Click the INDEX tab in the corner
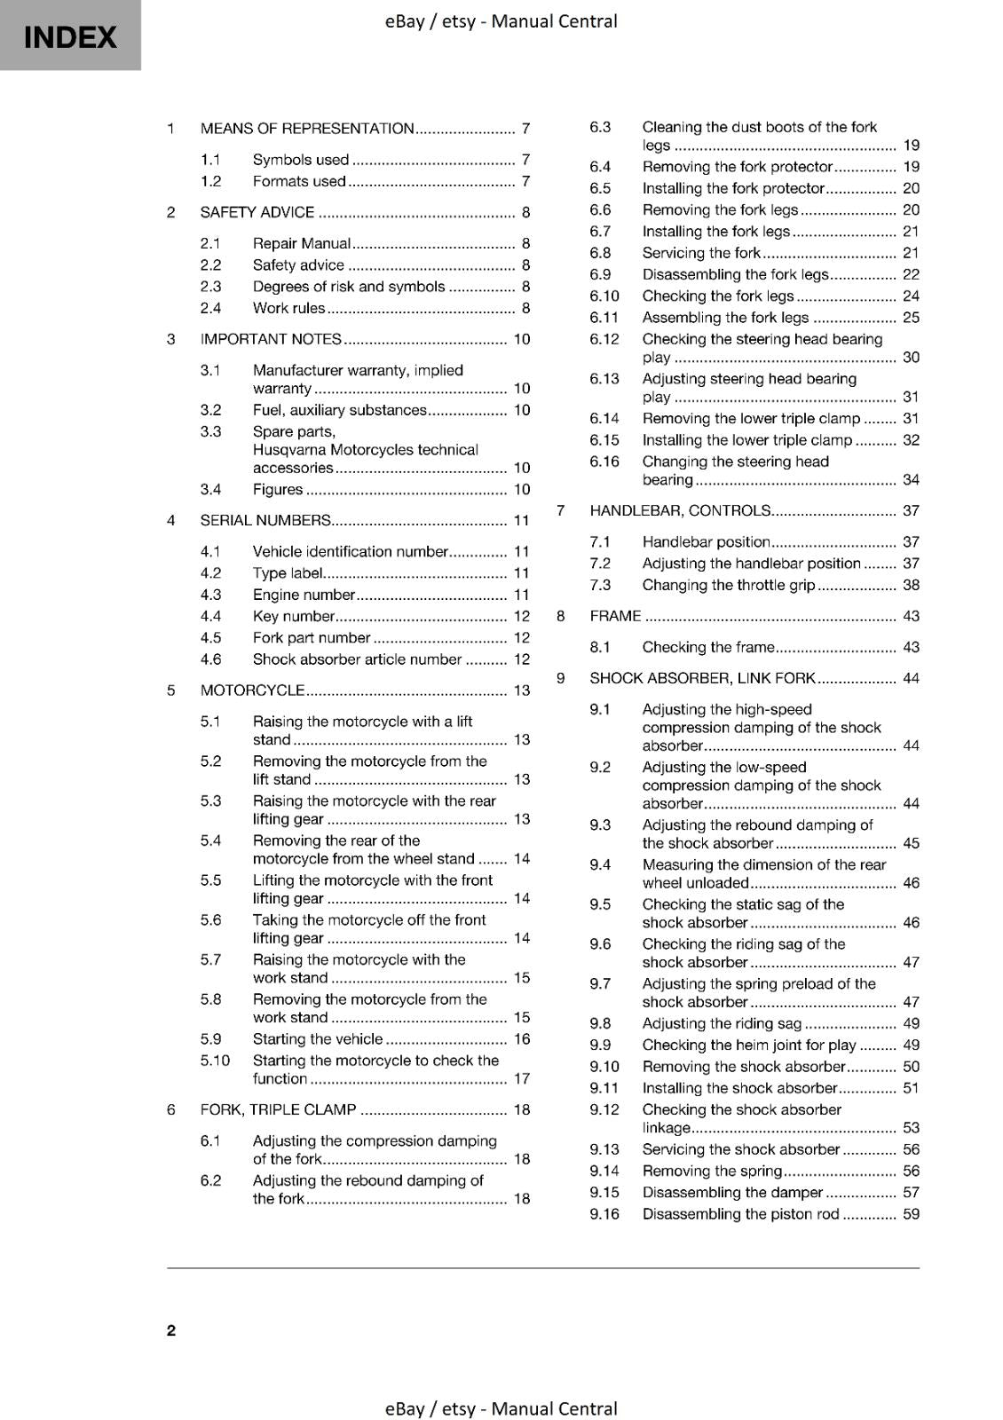pyautogui.click(x=70, y=36)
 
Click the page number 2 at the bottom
pyautogui.click(x=171, y=1329)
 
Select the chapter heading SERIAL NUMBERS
pyautogui.click(x=265, y=520)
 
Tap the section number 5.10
pyautogui.click(x=215, y=1061)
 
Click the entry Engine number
pyautogui.click(x=304, y=595)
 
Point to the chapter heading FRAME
pyautogui.click(x=615, y=616)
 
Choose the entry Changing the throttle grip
pyautogui.click(x=728, y=585)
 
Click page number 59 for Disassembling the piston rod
pyautogui.click(x=911, y=1214)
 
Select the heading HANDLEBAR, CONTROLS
pyautogui.click(x=680, y=510)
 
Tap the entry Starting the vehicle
pyautogui.click(x=318, y=1038)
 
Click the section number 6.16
pyautogui.click(x=604, y=461)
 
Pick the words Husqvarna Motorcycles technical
pyautogui.click(x=365, y=450)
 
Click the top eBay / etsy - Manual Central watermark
pyautogui.click(x=501, y=20)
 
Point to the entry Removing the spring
pyautogui.click(x=712, y=1171)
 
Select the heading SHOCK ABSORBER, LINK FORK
pyautogui.click(x=702, y=678)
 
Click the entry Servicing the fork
pyautogui.click(x=701, y=253)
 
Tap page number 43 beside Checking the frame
pyautogui.click(x=911, y=647)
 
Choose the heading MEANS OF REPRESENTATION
pyautogui.click(x=307, y=128)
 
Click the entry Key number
pyautogui.click(x=294, y=616)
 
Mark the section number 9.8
pyautogui.click(x=600, y=1023)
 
